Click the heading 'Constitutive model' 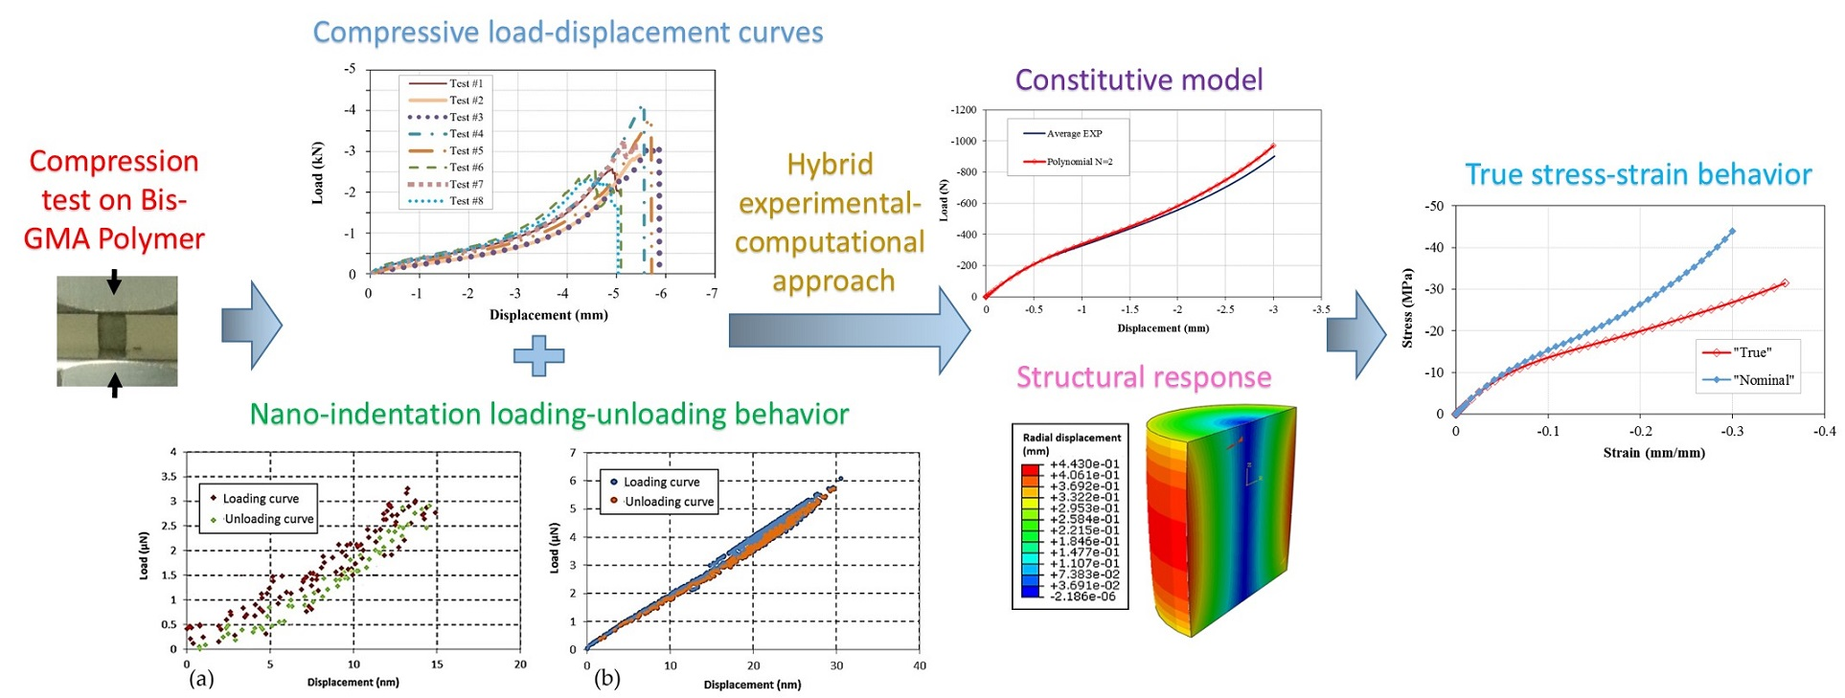tap(1138, 79)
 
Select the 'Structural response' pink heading tap(1143, 377)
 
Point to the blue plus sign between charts tap(538, 356)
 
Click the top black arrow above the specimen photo tap(115, 281)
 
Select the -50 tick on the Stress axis tap(1433, 206)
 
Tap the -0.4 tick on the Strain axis tap(1824, 432)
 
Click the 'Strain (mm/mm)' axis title tap(1653, 453)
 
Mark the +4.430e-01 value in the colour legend tap(1083, 464)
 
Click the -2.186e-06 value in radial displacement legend tap(1083, 597)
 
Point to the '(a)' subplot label tap(201, 679)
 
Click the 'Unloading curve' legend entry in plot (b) tap(669, 502)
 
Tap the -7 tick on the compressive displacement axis tap(712, 294)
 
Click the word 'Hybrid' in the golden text tap(830, 165)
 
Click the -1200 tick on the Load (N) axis tap(963, 110)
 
